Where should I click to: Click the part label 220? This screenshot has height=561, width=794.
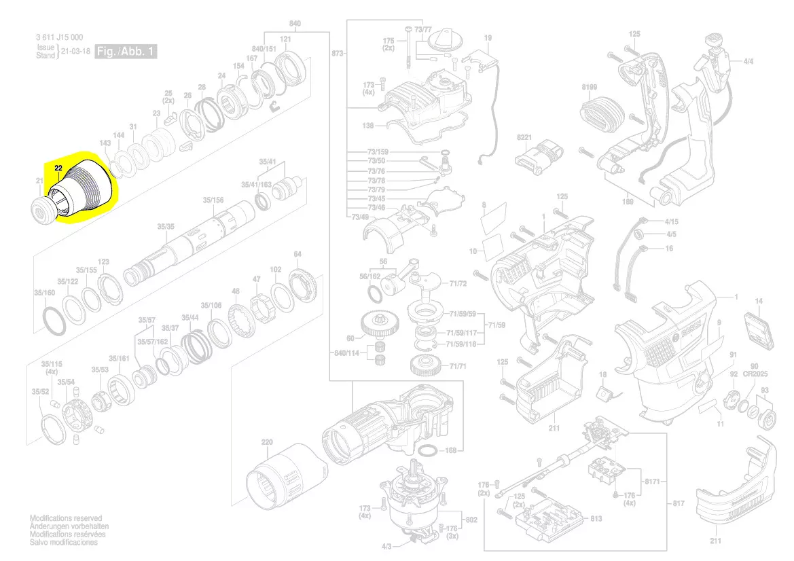point(267,443)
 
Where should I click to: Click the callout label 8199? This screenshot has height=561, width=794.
point(590,87)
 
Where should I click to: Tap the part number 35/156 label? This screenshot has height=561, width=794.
point(213,200)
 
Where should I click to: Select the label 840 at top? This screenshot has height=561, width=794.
point(295,24)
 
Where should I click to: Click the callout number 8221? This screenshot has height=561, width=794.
point(524,138)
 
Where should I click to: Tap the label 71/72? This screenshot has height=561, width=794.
point(458,283)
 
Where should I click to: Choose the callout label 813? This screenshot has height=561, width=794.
point(596,519)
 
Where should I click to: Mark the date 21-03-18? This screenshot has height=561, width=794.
point(75,52)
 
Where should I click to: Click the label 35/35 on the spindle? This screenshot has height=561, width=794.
point(166,226)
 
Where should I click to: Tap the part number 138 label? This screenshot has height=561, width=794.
point(368,126)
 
